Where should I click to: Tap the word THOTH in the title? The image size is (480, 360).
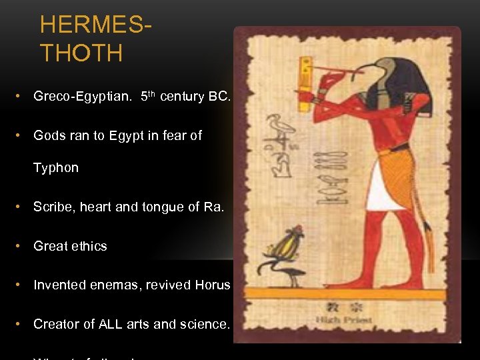click(x=81, y=53)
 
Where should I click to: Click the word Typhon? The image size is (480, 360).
click(x=56, y=168)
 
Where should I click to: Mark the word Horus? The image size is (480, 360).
click(x=213, y=285)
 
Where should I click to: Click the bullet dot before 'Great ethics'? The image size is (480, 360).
click(x=23, y=246)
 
